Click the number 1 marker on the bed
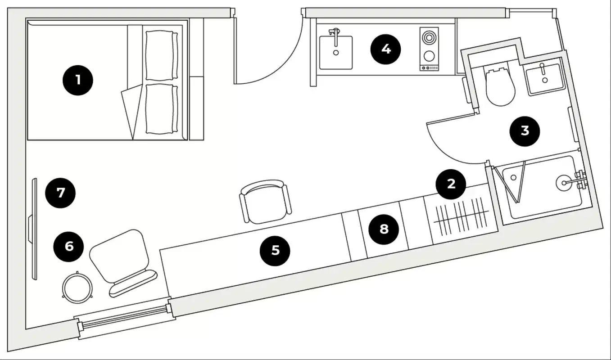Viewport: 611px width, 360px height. click(78, 81)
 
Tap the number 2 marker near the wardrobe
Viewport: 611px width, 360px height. click(451, 184)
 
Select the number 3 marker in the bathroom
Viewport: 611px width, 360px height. click(525, 130)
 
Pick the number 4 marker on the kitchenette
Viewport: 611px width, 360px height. click(385, 49)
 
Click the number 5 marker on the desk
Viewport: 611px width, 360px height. click(275, 250)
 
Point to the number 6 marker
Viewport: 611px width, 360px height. click(68, 246)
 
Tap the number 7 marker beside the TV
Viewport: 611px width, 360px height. click(61, 193)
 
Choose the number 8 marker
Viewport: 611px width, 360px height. click(384, 229)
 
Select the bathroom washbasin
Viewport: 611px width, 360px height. click(545, 79)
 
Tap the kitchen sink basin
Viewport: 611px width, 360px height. click(336, 52)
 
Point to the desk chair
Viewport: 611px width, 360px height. click(264, 201)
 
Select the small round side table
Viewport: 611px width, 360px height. click(77, 287)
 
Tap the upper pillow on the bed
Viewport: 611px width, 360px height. click(160, 56)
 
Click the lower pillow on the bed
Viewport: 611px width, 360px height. click(160, 108)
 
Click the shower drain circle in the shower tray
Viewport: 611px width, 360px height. click(563, 182)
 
